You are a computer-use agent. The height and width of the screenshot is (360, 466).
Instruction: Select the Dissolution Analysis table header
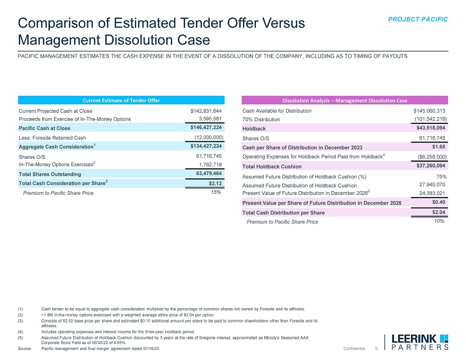344,100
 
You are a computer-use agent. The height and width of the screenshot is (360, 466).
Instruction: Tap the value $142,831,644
205,111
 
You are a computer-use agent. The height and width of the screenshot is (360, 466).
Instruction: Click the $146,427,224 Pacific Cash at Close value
205,128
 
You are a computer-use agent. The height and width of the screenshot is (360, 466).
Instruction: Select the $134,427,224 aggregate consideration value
205,146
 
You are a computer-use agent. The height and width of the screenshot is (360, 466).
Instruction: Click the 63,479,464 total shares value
208,174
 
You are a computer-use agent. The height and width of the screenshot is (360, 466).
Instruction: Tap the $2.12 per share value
214,183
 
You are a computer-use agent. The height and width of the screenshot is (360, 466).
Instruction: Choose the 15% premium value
216,193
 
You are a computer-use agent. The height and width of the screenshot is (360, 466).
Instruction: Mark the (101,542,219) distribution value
429,119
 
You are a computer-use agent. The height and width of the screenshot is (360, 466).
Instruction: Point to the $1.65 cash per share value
438,147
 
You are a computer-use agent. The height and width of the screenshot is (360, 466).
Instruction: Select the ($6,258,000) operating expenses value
432,157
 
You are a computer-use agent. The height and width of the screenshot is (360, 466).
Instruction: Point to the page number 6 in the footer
376,348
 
